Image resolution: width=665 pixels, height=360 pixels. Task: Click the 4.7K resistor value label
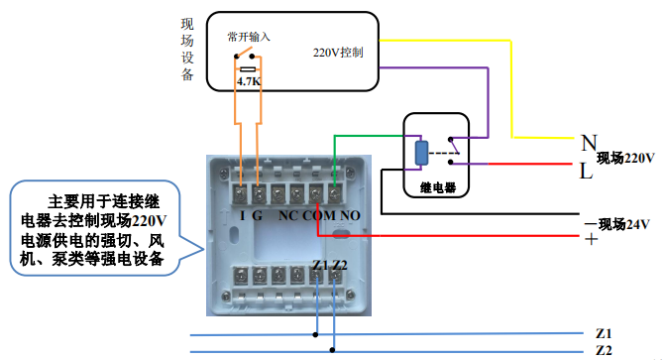[250, 80]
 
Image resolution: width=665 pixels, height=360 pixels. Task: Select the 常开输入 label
[247, 37]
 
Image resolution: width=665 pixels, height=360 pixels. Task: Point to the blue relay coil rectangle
[421, 153]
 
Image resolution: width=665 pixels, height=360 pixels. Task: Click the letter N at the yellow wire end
[589, 142]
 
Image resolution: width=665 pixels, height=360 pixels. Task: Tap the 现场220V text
[626, 159]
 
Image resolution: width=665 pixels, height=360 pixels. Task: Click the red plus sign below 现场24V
[591, 240]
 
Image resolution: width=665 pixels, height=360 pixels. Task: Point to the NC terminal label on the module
[288, 214]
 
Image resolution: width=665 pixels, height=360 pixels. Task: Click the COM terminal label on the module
[318, 214]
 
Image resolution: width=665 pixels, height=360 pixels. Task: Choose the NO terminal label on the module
[349, 214]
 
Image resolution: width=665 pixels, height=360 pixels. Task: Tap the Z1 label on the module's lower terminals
[318, 264]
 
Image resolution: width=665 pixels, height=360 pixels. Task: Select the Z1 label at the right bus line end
[604, 332]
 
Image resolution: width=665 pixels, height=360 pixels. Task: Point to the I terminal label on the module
[243, 214]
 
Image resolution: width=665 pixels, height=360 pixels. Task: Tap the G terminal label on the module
[260, 214]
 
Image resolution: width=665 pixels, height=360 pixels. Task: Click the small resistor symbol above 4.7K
[250, 68]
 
